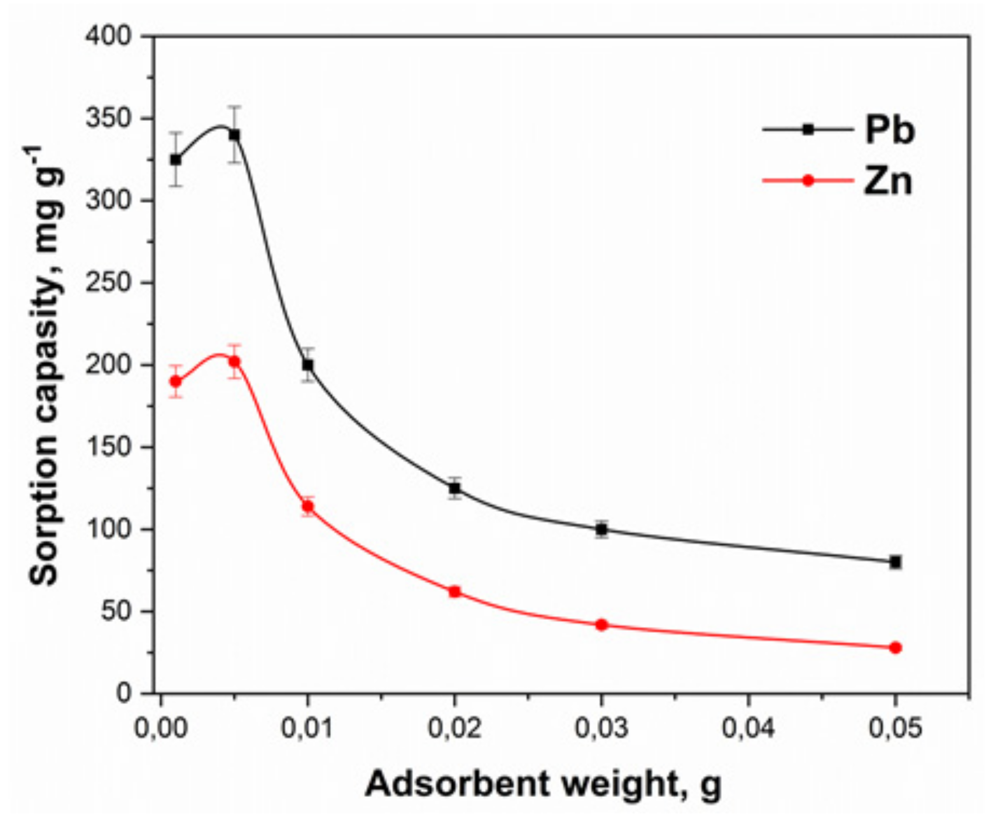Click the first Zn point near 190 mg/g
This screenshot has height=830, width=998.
pyautogui.click(x=176, y=381)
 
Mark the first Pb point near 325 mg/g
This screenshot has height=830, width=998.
pyautogui.click(x=176, y=160)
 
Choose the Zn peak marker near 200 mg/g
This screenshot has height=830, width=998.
pyautogui.click(x=234, y=362)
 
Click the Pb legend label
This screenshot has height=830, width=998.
pyautogui.click(x=889, y=130)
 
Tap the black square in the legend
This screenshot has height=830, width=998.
pyautogui.click(x=808, y=130)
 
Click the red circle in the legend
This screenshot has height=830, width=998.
pyautogui.click(x=808, y=181)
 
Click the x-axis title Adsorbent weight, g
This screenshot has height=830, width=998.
pyautogui.click(x=544, y=784)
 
